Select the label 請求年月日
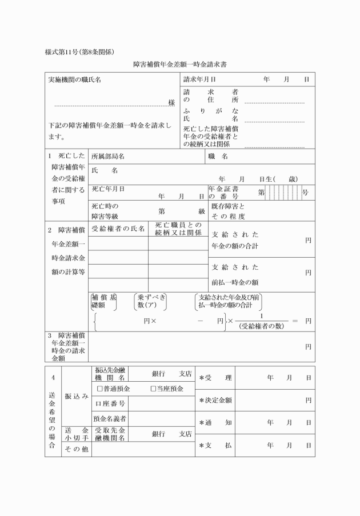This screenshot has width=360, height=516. click(199, 79)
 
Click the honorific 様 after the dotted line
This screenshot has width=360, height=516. click(171, 103)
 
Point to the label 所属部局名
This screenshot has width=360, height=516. click(108, 156)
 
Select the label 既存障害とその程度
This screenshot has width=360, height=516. click(228, 211)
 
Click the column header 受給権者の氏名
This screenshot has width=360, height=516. click(118, 229)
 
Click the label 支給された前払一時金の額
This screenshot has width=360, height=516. click(235, 275)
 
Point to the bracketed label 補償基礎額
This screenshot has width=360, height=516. click(103, 301)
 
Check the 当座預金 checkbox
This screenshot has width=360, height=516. click(154, 389)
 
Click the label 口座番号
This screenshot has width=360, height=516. click(108, 404)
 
